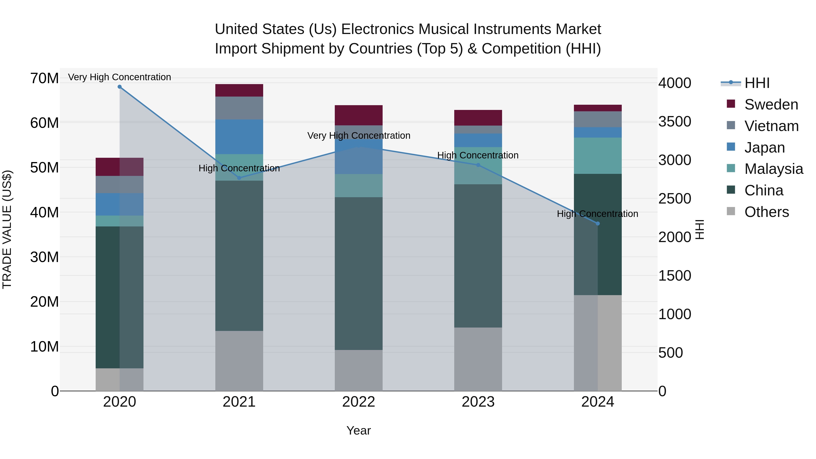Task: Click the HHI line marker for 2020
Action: tap(119, 87)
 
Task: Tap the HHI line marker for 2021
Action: tap(239, 178)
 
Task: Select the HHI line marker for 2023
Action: tap(478, 165)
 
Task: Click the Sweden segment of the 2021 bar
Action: tap(239, 90)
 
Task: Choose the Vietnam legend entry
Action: tap(771, 126)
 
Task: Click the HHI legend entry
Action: tap(757, 83)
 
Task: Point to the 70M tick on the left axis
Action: tap(44, 78)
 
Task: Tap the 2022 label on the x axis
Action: tap(359, 402)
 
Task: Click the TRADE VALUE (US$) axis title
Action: tap(7, 229)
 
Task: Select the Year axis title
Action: tap(359, 430)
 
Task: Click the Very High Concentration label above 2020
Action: tap(119, 77)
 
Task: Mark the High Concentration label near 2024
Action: tap(597, 214)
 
